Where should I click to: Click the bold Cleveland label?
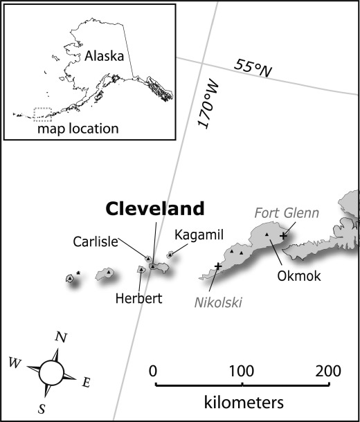pos(155,208)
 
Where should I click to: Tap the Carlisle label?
pos(96,241)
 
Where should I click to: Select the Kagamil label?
pos(199,235)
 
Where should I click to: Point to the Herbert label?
pos(139,298)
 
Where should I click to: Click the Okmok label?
pos(299,276)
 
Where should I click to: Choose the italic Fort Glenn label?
pos(287,213)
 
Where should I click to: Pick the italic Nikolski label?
pos(218,302)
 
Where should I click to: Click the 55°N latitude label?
pos(253,68)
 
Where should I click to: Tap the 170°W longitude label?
pos(208,104)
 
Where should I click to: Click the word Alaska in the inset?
pos(105,56)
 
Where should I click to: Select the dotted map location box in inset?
pos(42,114)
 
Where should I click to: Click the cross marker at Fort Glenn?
pos(282,236)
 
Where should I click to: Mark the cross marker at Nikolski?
pos(218,266)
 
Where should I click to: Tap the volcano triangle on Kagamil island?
pos(170,254)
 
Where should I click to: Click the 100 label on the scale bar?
pos(242,371)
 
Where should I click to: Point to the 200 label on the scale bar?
pos(328,371)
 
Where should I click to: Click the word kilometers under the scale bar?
pos(244,403)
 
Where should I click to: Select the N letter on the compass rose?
pos(61,337)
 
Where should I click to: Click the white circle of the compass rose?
pos(51,373)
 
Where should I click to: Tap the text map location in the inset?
pos(78,129)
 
